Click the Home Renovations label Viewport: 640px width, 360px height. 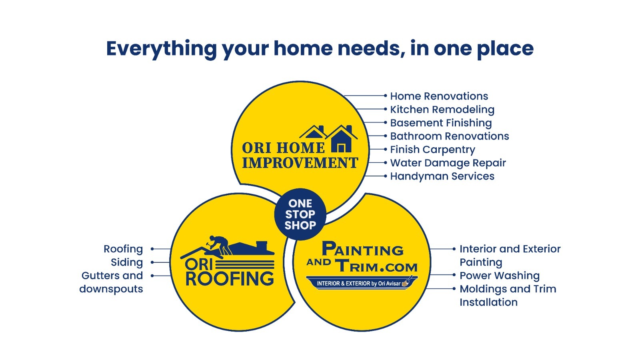click(439, 96)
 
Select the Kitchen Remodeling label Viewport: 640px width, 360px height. click(442, 110)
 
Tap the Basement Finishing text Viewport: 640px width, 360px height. click(441, 123)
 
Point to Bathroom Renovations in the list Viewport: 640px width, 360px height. click(450, 136)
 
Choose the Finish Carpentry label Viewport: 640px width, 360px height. click(432, 150)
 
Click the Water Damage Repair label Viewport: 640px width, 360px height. click(448, 163)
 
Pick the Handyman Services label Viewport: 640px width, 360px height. click(442, 176)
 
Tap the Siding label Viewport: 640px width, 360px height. click(127, 262)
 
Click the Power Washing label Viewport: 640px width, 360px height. click(500, 276)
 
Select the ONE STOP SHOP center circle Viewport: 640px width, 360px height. click(300, 214)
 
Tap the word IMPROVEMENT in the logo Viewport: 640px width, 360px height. click(300, 163)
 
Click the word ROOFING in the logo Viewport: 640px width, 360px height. click(230, 279)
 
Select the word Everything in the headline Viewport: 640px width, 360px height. click(162, 49)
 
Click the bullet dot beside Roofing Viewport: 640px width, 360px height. click(152, 249)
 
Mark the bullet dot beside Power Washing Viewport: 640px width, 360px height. click(454, 275)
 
